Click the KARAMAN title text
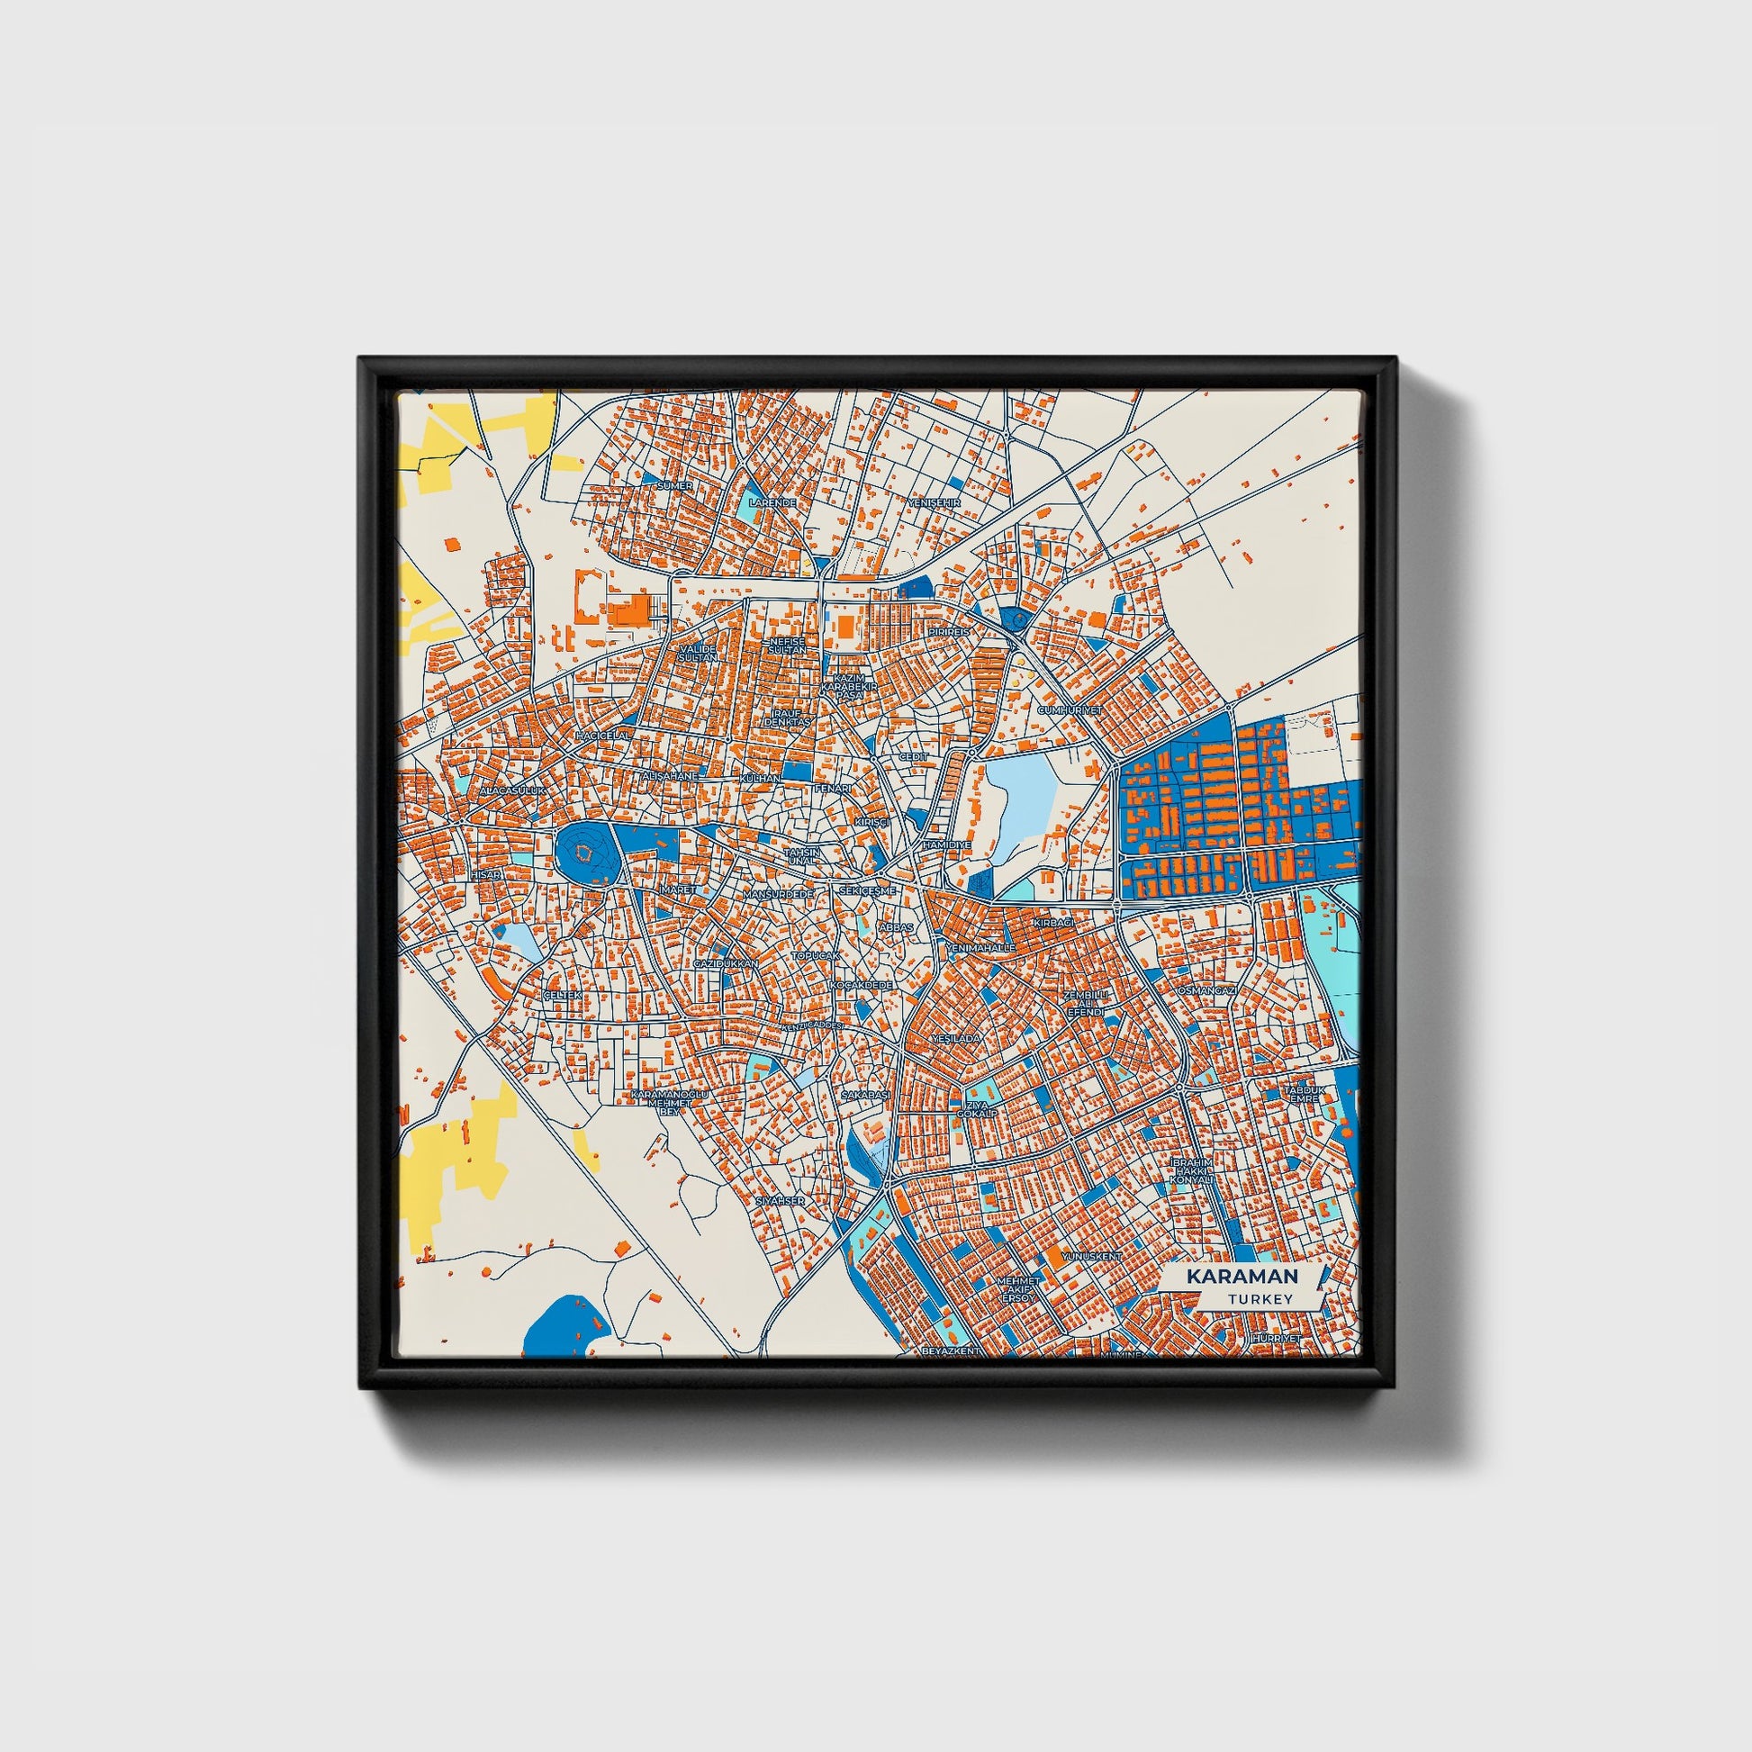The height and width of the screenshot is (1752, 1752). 1242,1276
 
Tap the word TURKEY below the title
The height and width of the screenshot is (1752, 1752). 1260,1299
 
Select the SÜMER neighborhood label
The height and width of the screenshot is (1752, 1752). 674,485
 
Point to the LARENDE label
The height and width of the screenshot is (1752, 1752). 772,501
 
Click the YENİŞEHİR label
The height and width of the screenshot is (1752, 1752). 933,501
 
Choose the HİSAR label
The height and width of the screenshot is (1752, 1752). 486,874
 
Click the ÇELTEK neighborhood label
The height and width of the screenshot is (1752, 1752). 559,996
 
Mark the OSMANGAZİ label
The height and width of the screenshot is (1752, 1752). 1206,990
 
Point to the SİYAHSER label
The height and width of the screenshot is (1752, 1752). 780,1201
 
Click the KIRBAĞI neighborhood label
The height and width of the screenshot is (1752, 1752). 1052,921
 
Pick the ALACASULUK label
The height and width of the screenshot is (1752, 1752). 513,790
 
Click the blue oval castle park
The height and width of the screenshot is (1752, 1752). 586,853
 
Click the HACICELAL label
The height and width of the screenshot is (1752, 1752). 602,735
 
